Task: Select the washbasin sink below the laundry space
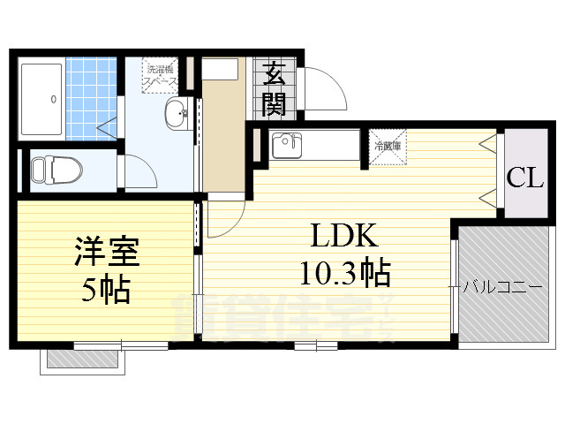[x=177, y=113]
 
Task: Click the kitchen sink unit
[x=288, y=145]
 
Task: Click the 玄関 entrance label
[x=274, y=88]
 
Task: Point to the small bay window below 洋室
[x=82, y=359]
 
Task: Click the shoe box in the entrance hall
[x=225, y=70]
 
